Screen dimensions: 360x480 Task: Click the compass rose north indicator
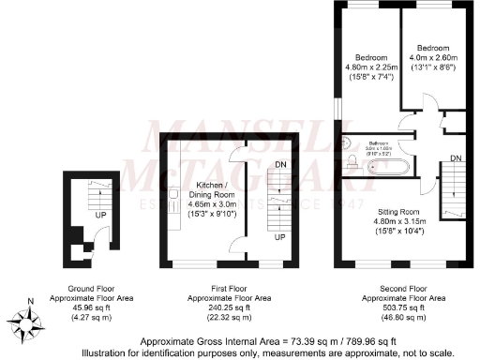click(31, 322)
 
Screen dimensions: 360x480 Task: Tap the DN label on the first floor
click(278, 166)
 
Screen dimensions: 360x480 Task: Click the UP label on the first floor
click(278, 237)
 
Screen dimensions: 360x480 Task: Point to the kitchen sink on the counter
click(174, 195)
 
